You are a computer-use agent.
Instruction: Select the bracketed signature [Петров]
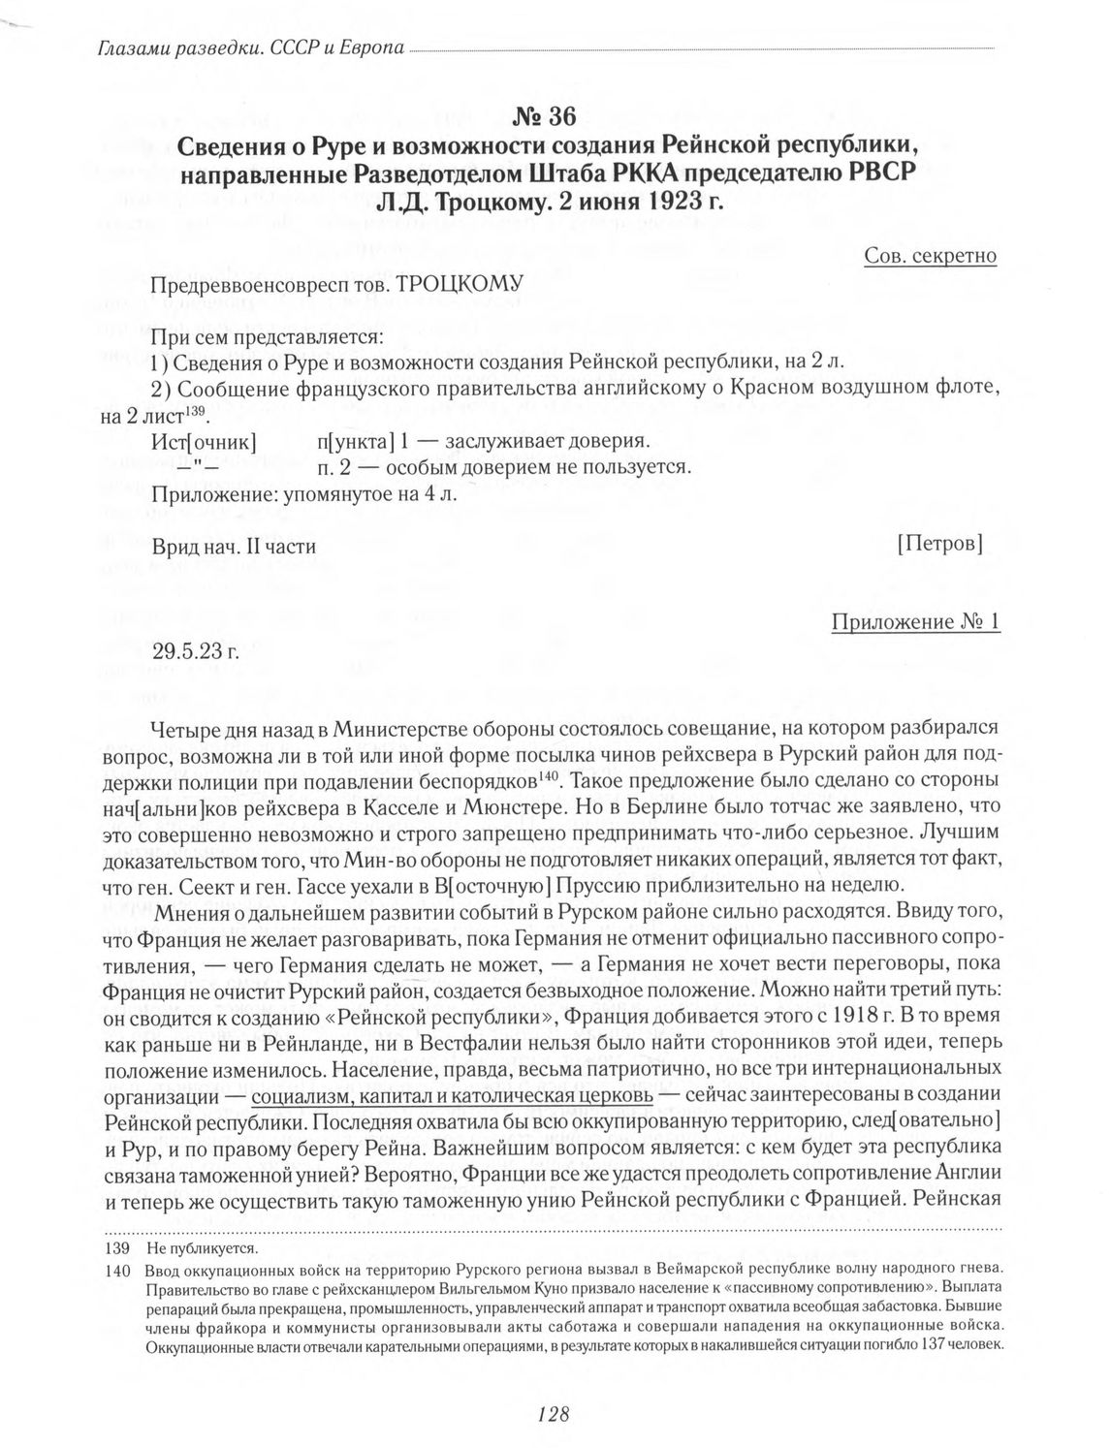pyautogui.click(x=940, y=545)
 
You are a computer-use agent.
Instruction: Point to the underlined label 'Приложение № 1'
pyautogui.click(x=916, y=622)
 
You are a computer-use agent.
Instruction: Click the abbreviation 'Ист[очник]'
pyautogui.click(x=204, y=442)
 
